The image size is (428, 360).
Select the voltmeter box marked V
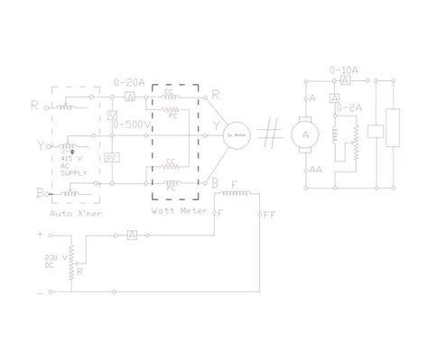[x=112, y=115]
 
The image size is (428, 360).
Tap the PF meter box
[x=112, y=157]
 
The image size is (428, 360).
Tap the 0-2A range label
[x=350, y=108]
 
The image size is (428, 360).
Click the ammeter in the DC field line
[x=132, y=234]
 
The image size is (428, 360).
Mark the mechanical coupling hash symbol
[x=268, y=135]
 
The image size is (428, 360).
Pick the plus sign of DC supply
[x=39, y=233]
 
